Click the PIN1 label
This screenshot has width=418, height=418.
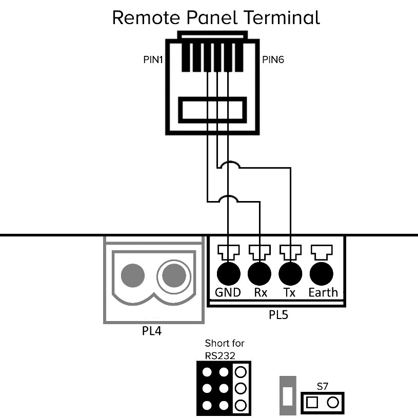pos(153,60)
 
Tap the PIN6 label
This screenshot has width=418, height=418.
pos(273,60)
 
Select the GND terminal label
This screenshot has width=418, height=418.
pos(228,292)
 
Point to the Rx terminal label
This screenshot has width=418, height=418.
pos(260,292)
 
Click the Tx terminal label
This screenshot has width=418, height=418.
pos(290,292)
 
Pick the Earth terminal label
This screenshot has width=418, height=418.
pos(323,292)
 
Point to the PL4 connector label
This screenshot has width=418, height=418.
pos(152,331)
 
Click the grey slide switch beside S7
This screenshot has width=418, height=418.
pos(287,396)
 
